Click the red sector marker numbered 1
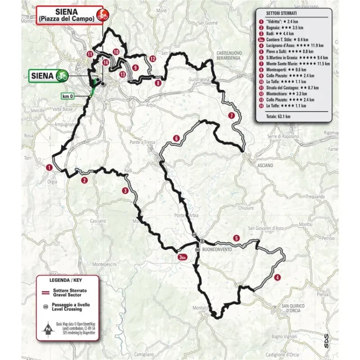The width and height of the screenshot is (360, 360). tap(49, 167)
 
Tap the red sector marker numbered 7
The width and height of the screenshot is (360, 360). tap(231, 115)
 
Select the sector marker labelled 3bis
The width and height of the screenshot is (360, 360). tap(182, 257)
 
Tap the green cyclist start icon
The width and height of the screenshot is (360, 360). tap(62, 75)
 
